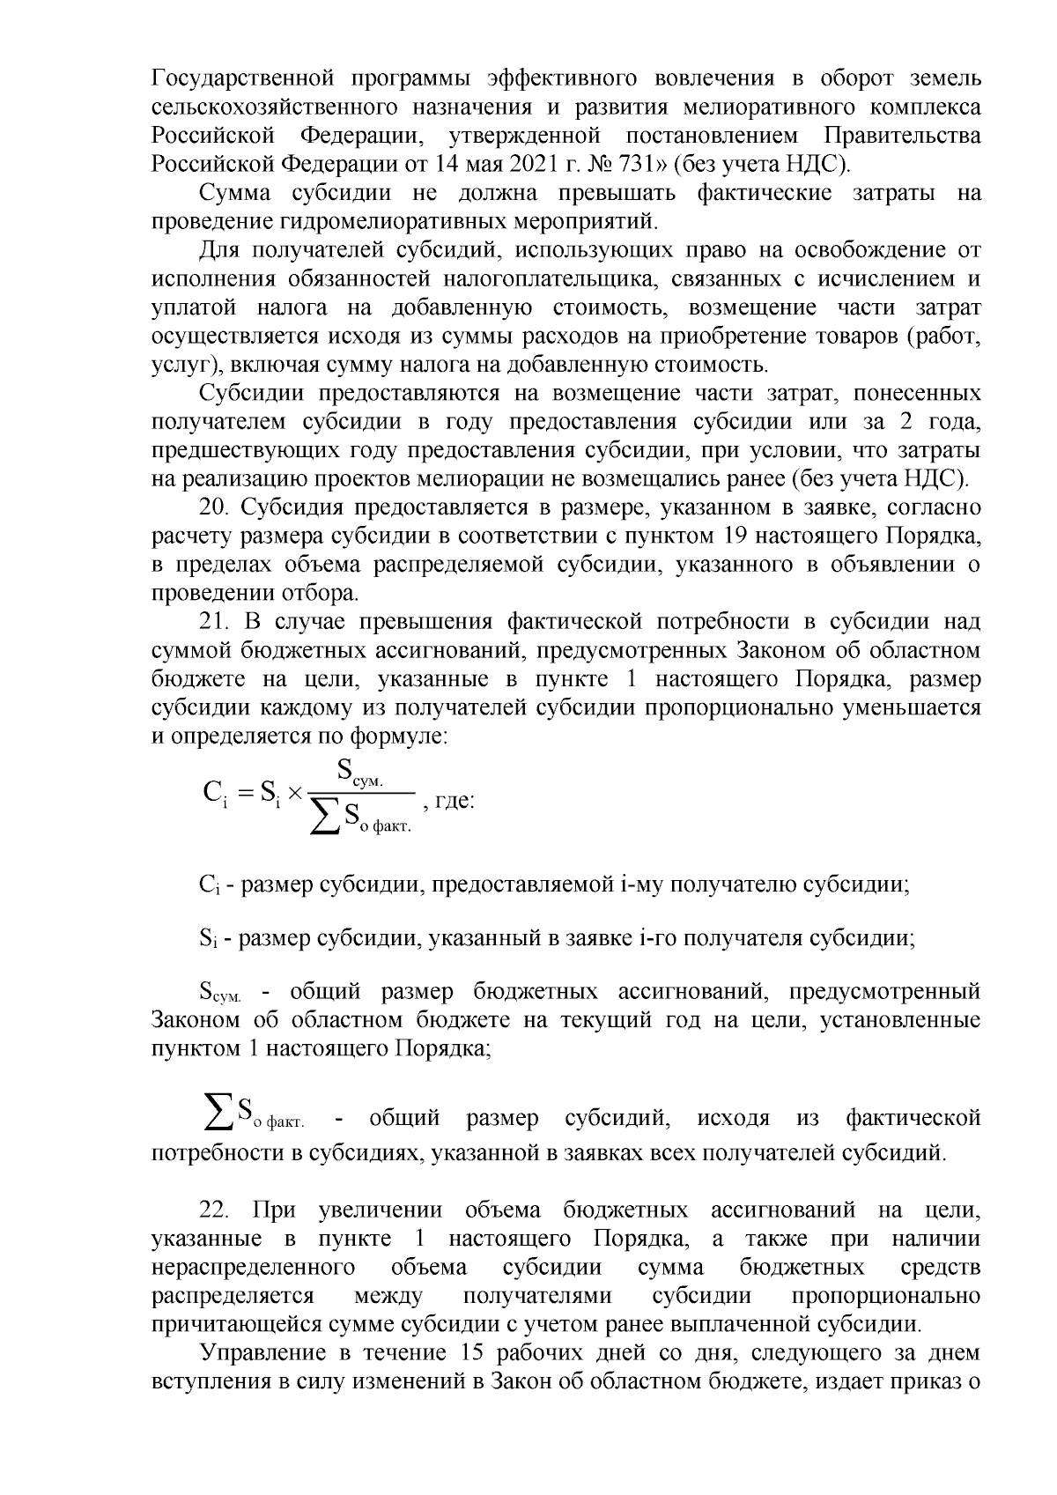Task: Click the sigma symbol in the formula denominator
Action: [x=327, y=818]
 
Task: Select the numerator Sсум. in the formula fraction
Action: [x=364, y=773]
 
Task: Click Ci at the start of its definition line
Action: [x=209, y=884]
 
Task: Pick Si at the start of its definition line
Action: [x=207, y=938]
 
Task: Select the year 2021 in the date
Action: [x=505, y=164]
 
